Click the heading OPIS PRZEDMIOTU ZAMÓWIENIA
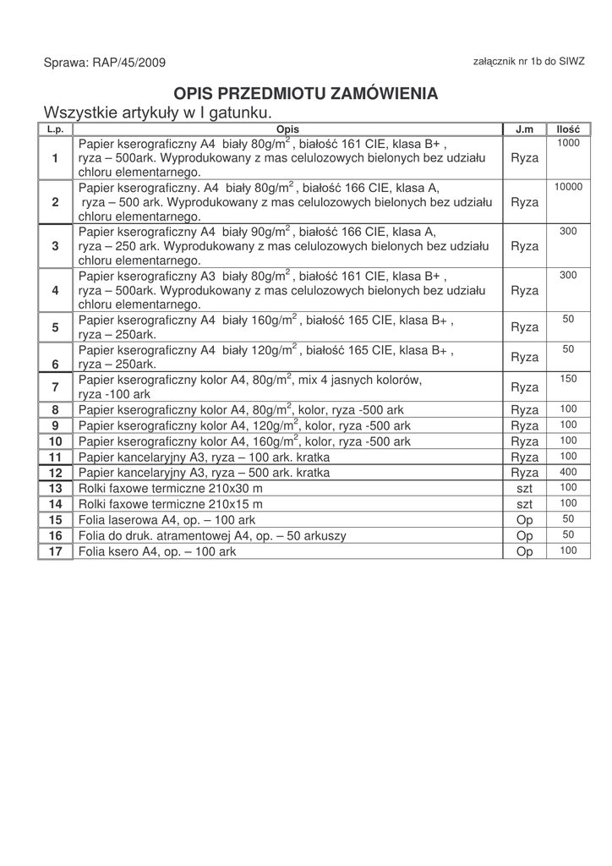point(306,92)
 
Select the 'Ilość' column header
point(568,129)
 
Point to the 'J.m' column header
point(524,129)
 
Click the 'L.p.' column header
point(56,129)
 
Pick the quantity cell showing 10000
point(568,187)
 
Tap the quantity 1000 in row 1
point(568,144)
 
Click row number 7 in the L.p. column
point(55,387)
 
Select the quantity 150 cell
point(568,379)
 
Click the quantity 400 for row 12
point(568,472)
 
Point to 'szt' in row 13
point(524,489)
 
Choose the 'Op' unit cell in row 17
point(524,551)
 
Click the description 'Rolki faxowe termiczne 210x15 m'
point(170,504)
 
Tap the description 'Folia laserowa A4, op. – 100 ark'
point(167,519)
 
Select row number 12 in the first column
point(56,473)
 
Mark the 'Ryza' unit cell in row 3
point(524,246)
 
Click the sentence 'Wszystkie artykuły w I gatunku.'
point(158,112)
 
